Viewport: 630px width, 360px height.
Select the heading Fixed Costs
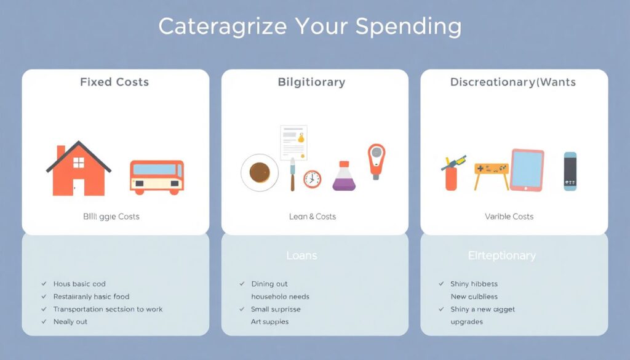point(114,82)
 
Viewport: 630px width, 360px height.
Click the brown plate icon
point(260,173)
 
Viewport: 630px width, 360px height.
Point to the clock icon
point(312,179)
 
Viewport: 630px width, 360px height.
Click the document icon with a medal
point(293,143)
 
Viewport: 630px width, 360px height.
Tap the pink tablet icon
point(527,170)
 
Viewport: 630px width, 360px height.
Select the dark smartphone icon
point(570,171)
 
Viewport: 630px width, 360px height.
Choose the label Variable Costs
point(509,217)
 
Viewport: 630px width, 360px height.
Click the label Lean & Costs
point(312,217)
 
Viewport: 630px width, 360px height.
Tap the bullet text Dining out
point(269,284)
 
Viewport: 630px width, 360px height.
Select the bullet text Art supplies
point(269,322)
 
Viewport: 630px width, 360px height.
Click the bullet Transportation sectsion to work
point(108,309)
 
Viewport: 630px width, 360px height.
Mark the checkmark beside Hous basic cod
point(44,284)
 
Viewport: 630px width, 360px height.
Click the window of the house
point(79,162)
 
